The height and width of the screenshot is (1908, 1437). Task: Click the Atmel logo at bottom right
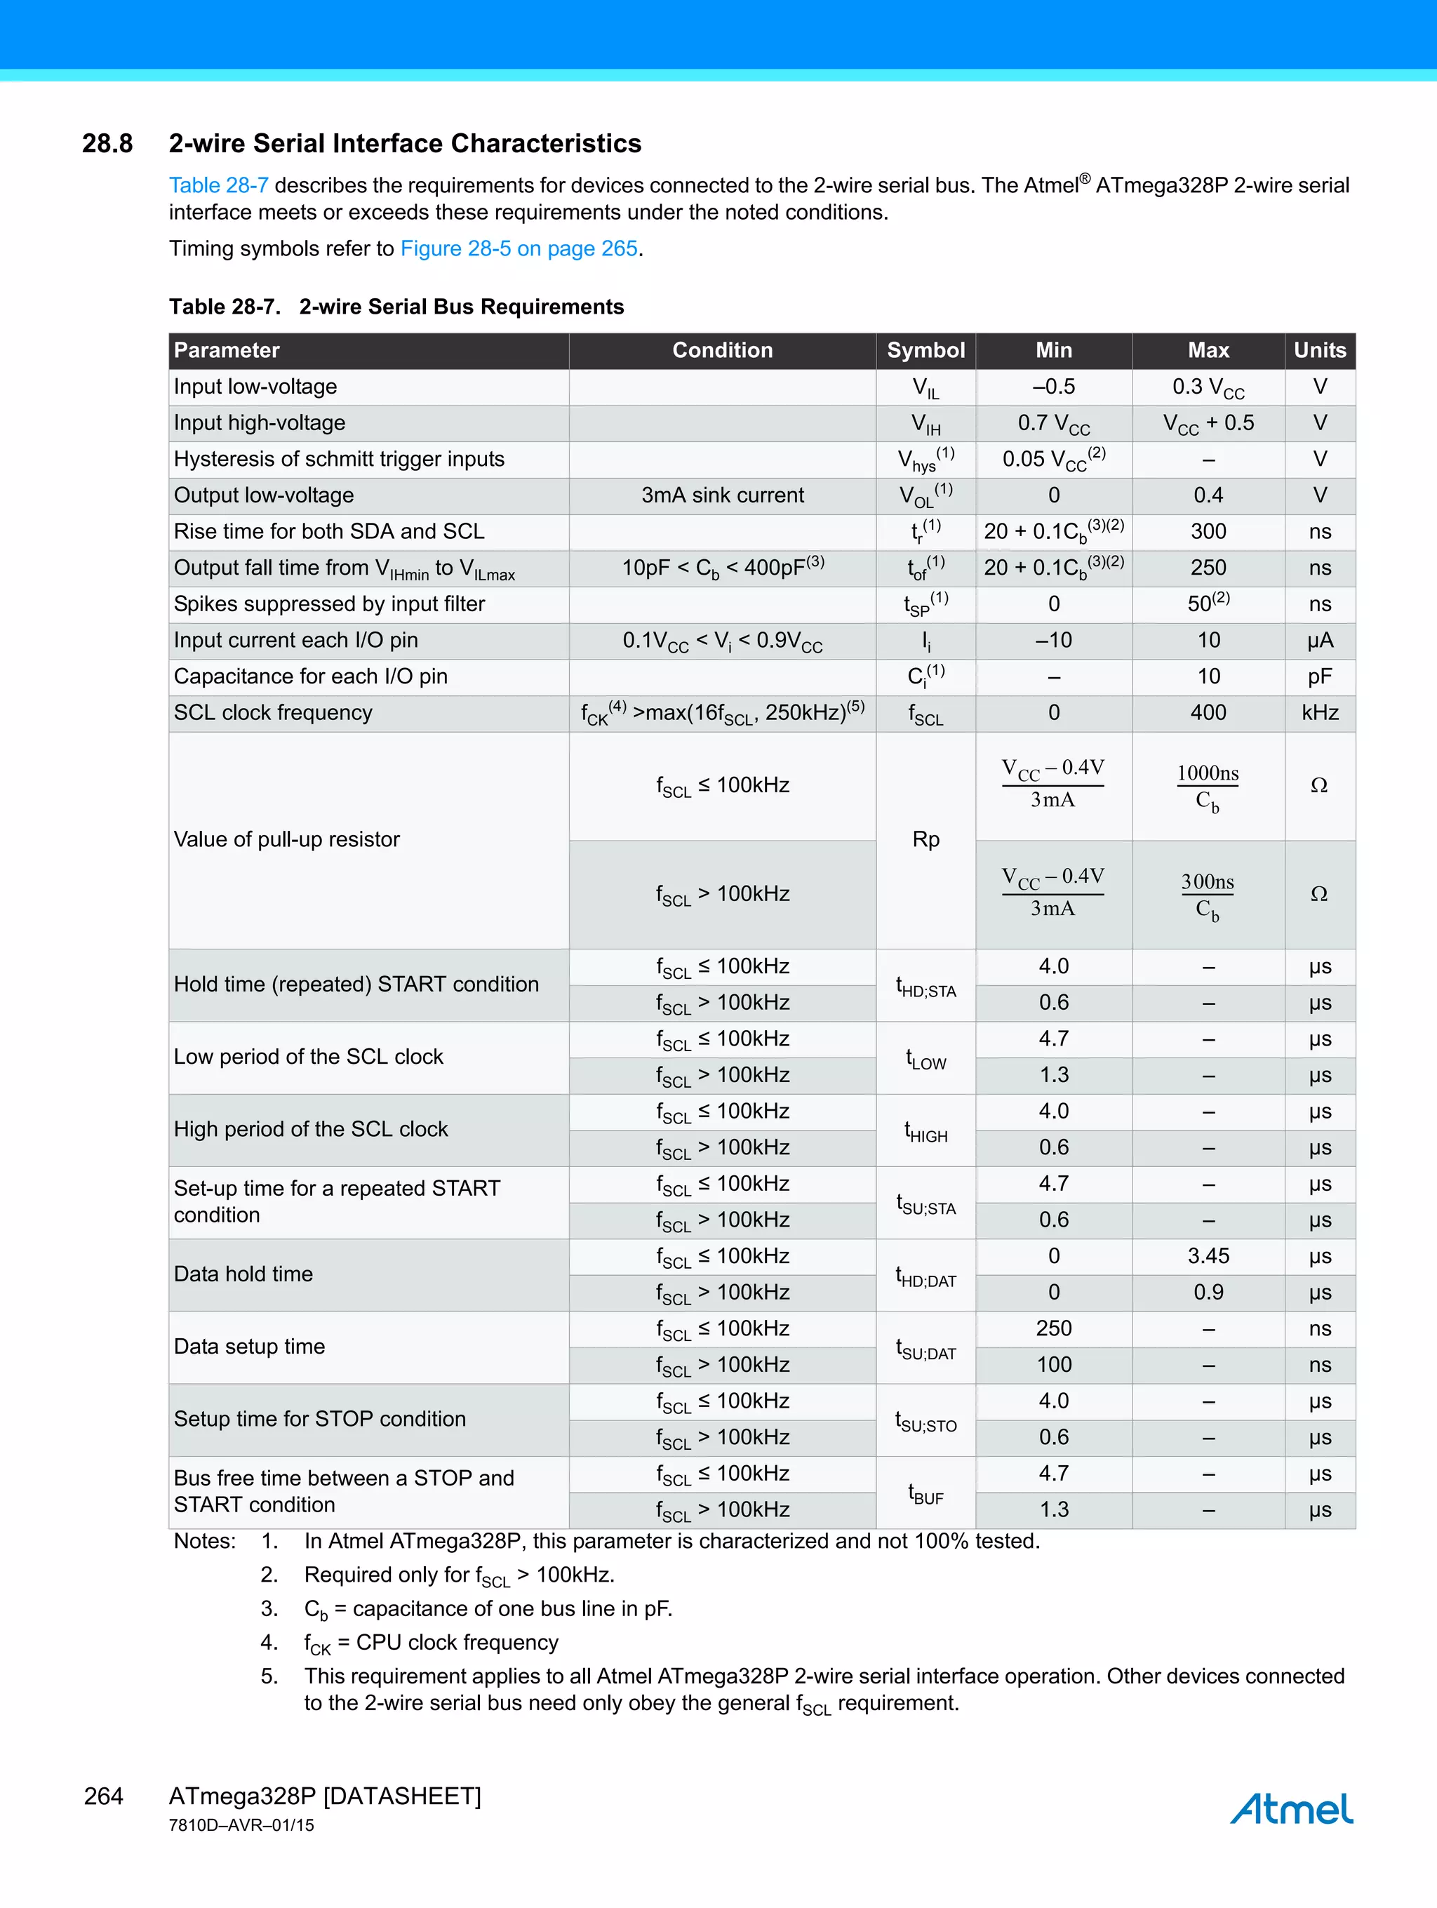1291,1809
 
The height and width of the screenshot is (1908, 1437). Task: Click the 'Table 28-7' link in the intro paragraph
218,185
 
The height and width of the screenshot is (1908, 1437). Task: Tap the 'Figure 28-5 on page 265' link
519,248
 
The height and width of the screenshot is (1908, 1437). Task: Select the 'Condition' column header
722,350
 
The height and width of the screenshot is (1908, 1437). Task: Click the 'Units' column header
1319,350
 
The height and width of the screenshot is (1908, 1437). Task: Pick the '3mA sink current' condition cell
722,495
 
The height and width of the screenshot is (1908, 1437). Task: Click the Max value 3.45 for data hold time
1208,1256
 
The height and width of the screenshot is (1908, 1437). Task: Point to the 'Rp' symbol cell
925,839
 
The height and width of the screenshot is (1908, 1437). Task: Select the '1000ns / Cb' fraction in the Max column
1207,786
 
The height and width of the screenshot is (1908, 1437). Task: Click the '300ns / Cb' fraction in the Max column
1207,895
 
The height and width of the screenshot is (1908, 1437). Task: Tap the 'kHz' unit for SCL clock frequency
1319,712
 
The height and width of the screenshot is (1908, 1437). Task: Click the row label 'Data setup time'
249,1347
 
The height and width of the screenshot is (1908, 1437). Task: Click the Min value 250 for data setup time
1053,1328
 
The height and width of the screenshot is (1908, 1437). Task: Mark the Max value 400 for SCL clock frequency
1208,712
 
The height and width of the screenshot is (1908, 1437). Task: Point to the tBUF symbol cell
925,1493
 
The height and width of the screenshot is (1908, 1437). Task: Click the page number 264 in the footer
104,1796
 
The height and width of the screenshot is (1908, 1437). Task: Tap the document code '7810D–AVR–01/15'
241,1825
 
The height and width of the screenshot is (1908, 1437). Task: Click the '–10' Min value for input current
1053,640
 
